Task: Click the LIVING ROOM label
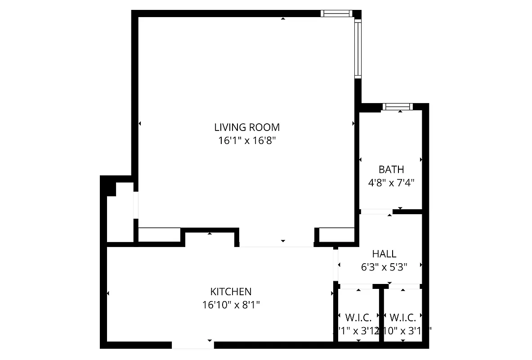tap(247, 127)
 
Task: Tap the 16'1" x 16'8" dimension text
tap(247, 140)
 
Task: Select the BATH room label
tap(391, 170)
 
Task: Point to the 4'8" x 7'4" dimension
tap(391, 183)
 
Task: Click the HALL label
tap(384, 254)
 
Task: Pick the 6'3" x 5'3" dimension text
tap(384, 267)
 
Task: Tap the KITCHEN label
tap(231, 292)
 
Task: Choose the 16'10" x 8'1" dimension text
tap(231, 305)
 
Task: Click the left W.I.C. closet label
tap(358, 316)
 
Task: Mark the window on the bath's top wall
tap(398, 107)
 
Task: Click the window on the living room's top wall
tap(337, 13)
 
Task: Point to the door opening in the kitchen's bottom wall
tap(193, 345)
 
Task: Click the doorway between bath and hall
tap(376, 211)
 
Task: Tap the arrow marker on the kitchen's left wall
tap(108, 294)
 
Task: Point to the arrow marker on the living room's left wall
tap(140, 123)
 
